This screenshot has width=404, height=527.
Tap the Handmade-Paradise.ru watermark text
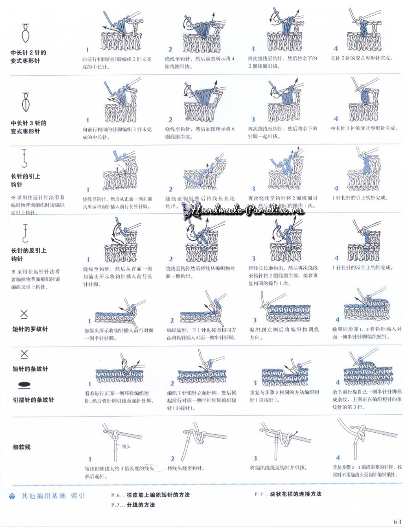tap(244, 210)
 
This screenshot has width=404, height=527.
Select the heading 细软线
tap(22, 447)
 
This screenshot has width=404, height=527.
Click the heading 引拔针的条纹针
tap(33, 400)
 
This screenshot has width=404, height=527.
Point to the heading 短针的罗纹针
tap(30, 329)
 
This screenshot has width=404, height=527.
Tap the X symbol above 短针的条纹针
tap(24, 354)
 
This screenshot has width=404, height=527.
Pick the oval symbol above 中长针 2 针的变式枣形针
tap(24, 33)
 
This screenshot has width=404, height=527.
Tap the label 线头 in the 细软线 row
tap(126, 447)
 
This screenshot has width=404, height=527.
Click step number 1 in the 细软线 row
tap(90, 459)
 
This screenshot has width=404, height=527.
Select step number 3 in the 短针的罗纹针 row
tap(254, 320)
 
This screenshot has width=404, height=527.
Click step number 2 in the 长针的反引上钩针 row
tap(171, 259)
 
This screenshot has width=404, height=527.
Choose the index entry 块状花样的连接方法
tap(296, 494)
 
